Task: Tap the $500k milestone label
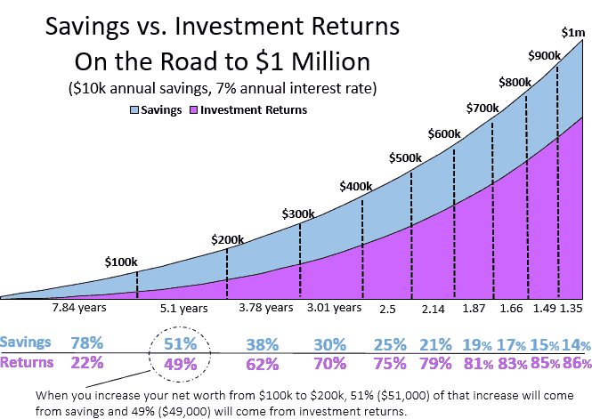406,157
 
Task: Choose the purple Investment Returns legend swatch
195,110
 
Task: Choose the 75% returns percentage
388,363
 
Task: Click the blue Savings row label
25,342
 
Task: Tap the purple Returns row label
26,362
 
